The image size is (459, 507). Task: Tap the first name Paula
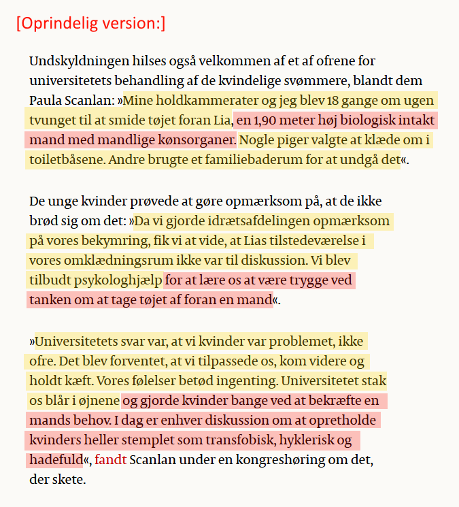point(47,101)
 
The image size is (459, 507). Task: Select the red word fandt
point(110,460)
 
